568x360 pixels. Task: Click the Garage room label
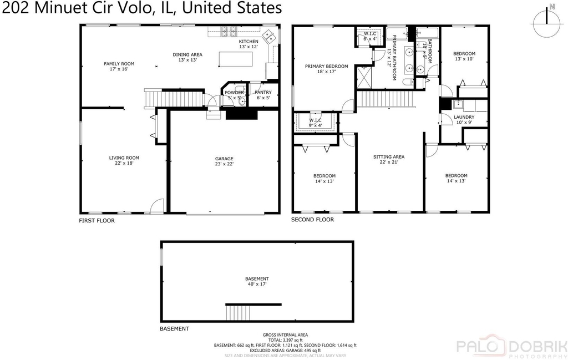pyautogui.click(x=224, y=161)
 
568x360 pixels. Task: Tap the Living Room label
pyautogui.click(x=124, y=160)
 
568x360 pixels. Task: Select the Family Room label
pyautogui.click(x=119, y=66)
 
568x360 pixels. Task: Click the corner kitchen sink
pyautogui.click(x=269, y=36)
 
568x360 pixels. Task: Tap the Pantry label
pyautogui.click(x=263, y=95)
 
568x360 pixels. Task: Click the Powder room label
pyautogui.click(x=234, y=95)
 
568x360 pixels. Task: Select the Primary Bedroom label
pyautogui.click(x=326, y=69)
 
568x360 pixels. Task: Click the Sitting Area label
pyautogui.click(x=389, y=159)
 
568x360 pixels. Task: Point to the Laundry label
pyautogui.click(x=464, y=119)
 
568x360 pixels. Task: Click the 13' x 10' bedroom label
pyautogui.click(x=464, y=56)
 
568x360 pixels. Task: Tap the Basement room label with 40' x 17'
pyautogui.click(x=257, y=281)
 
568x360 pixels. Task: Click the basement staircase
pyautogui.click(x=238, y=312)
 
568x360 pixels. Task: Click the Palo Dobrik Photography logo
pyautogui.click(x=511, y=346)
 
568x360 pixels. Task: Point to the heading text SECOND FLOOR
pyautogui.click(x=313, y=220)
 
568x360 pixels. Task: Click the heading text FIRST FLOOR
pyautogui.click(x=97, y=221)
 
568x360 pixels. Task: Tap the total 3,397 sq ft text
pyautogui.click(x=286, y=341)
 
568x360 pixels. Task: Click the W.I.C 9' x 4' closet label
pyautogui.click(x=316, y=123)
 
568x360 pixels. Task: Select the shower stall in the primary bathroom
pyautogui.click(x=364, y=77)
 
